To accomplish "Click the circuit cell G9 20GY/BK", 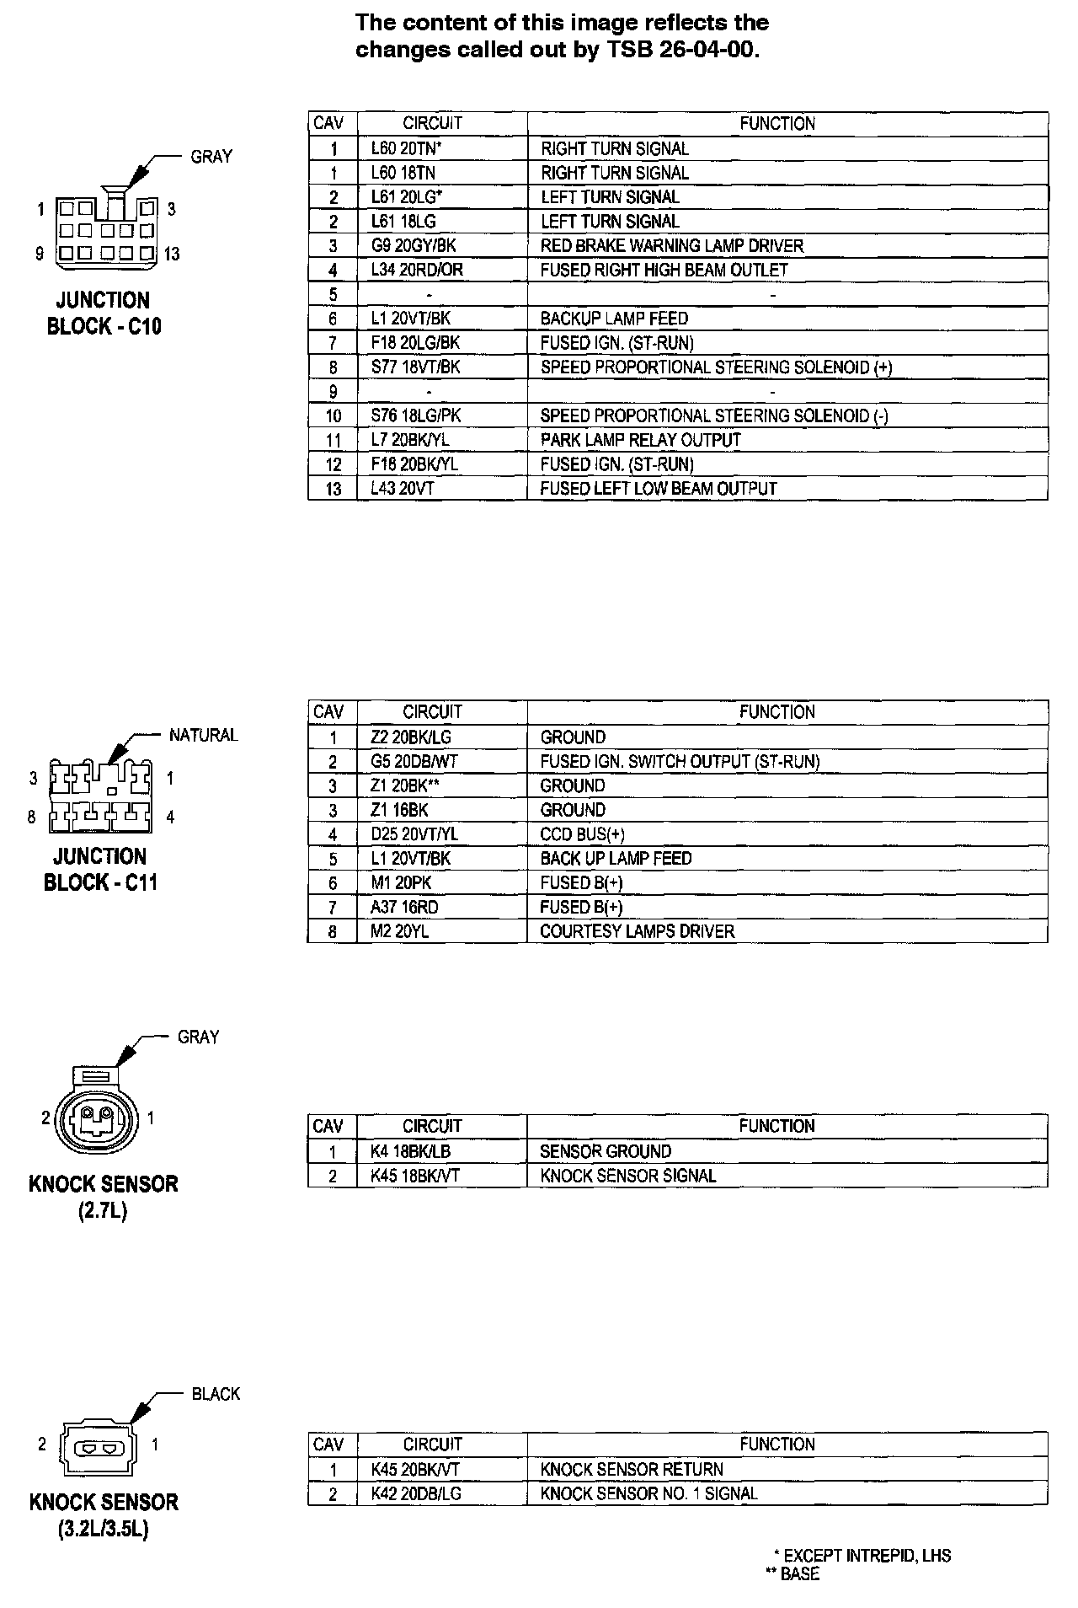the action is coord(413,246).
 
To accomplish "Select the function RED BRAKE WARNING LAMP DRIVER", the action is coord(671,246).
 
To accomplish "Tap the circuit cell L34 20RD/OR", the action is coord(417,271).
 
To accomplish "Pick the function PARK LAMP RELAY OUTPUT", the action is coord(640,440).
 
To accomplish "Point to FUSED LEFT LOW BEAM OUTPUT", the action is coord(658,489).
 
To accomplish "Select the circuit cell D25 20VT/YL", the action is coord(414,834).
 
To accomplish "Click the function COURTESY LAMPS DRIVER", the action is coord(637,932).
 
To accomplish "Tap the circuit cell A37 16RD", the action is coord(404,908).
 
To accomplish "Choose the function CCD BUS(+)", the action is coord(582,834).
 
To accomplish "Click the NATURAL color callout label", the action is coord(203,735).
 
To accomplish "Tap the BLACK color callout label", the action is coord(216,1394).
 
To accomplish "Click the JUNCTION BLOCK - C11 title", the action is coord(99,870).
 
